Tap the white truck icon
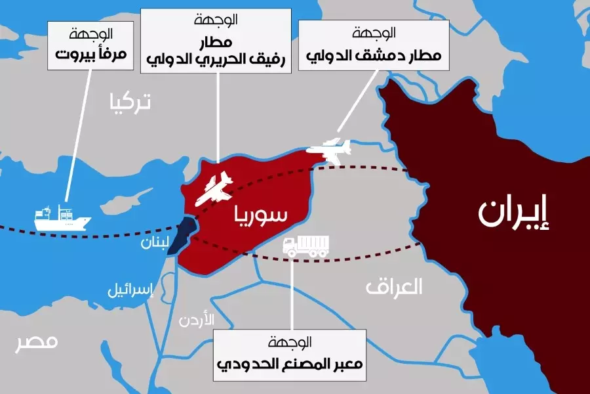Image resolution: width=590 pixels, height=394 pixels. tap(305, 246)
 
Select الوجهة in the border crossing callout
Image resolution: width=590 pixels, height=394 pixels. tap(289, 342)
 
